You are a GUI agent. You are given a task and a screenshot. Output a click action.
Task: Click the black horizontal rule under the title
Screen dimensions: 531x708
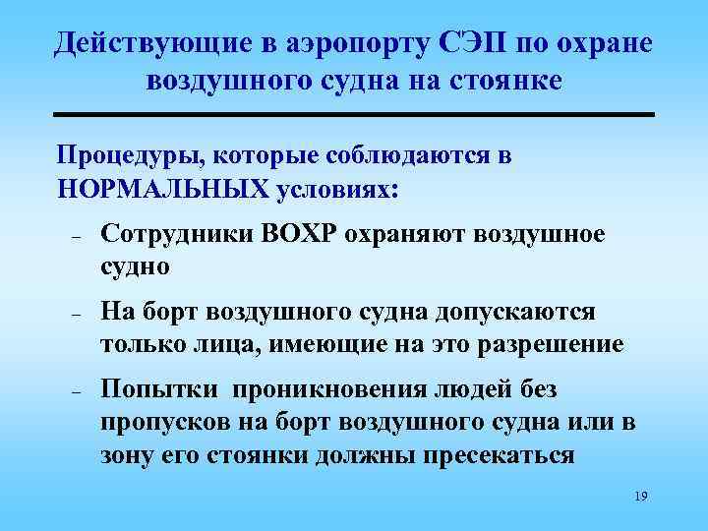tap(353, 115)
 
